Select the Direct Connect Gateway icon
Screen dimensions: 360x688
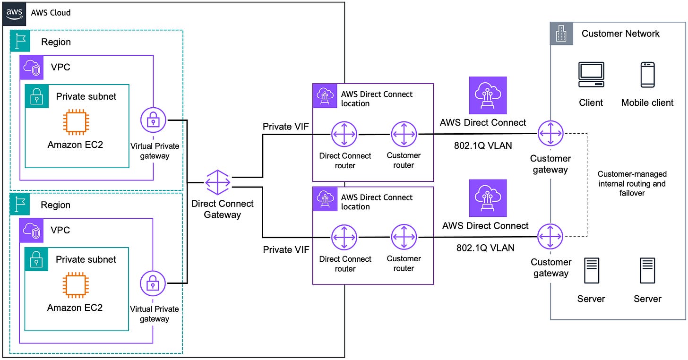coord(218,182)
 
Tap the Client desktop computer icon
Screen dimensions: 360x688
coord(591,75)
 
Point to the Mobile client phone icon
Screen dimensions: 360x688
coord(647,75)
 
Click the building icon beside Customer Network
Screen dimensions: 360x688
coord(561,34)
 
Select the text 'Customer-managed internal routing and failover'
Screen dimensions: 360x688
coord(632,183)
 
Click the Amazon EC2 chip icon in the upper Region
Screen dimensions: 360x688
coord(75,121)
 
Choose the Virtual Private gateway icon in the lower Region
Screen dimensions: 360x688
coord(153,283)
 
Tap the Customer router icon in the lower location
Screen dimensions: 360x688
coord(404,237)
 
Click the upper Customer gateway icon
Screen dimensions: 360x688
coord(550,134)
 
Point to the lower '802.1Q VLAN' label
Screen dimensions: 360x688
coord(485,248)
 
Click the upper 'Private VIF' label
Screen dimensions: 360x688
coord(285,127)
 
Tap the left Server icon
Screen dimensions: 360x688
coord(591,271)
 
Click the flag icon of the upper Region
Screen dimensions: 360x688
coord(20,42)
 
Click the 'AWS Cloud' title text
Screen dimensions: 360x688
coord(51,13)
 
